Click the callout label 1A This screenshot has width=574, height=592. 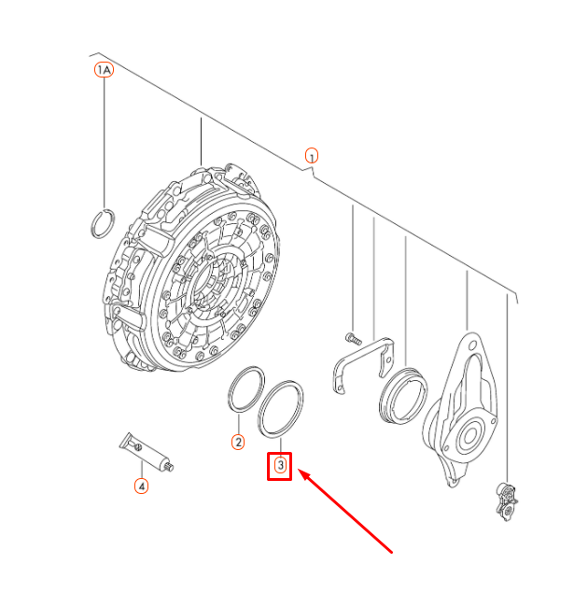point(104,70)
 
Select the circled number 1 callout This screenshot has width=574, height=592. point(312,156)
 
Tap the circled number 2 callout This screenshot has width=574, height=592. point(238,442)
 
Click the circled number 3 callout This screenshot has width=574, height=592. point(280,465)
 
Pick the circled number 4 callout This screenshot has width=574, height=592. point(141,486)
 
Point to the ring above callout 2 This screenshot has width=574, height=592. point(231,388)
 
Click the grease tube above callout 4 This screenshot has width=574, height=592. point(147,452)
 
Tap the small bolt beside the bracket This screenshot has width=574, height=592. point(353,339)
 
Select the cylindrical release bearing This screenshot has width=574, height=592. point(382,397)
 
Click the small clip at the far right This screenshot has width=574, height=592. point(507,501)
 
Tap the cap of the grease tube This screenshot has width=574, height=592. point(169,467)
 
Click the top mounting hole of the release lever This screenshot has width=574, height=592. point(472,345)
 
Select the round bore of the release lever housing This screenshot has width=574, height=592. point(469,436)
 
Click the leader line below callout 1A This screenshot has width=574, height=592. point(105,143)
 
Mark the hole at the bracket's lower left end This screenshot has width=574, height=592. point(340,388)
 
